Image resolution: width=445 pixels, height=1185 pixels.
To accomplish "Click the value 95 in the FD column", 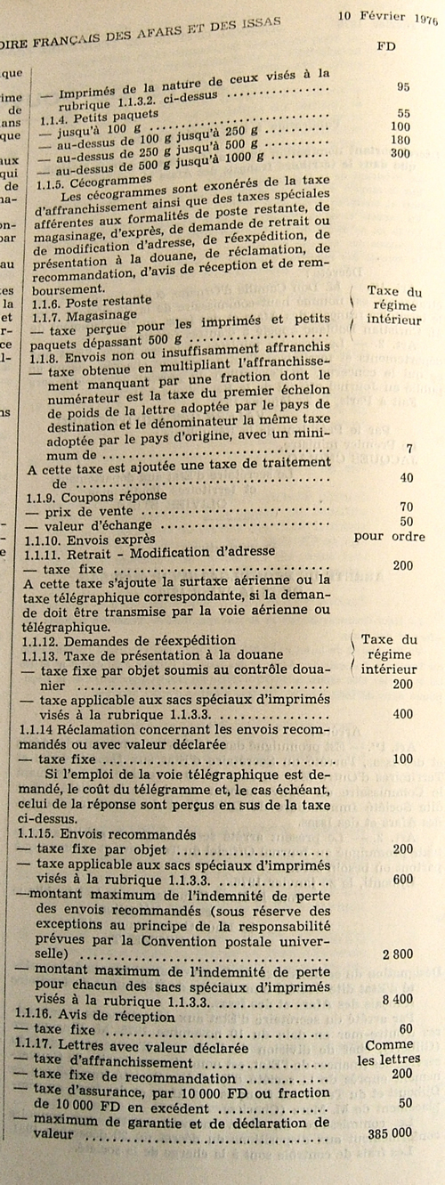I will point(403,86).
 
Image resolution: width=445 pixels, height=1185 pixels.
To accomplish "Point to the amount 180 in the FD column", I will point(401,140).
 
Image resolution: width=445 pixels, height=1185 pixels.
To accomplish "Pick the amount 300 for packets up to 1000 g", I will point(401,153).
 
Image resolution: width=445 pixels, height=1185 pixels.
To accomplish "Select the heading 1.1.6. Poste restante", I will point(89,301).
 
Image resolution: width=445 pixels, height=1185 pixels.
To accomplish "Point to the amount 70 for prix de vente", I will point(406,507).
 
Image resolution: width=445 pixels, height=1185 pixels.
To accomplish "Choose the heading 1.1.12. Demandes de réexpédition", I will point(127,639).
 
